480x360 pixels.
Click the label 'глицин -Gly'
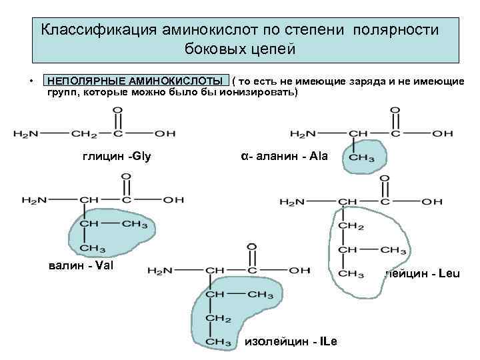117,157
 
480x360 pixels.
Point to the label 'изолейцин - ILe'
292,341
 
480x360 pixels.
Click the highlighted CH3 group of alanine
362,159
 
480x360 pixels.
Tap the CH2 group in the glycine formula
85,133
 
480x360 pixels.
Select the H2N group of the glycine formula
25,133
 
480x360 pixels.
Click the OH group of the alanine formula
442,133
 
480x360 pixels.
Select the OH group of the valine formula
174,199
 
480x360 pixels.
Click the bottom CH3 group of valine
91,248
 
